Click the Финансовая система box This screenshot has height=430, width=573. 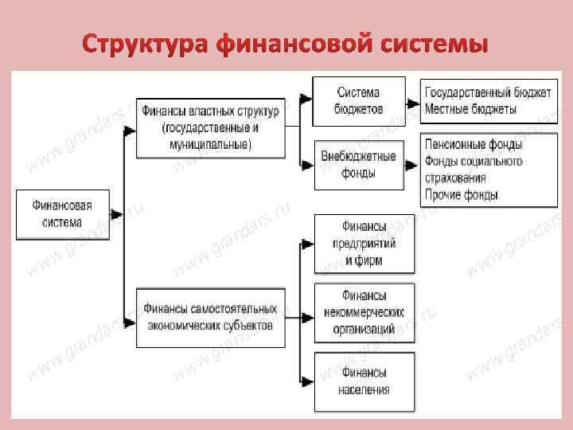coord(61,214)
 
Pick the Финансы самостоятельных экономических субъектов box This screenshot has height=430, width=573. coord(210,316)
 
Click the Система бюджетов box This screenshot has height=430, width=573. coord(358,101)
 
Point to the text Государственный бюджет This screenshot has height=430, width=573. coord(487,92)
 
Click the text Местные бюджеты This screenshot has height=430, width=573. coord(470,109)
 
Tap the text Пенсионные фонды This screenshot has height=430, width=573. coord(474,145)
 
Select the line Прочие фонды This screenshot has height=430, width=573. coord(462,195)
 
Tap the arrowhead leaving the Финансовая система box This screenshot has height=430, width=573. coord(116,214)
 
